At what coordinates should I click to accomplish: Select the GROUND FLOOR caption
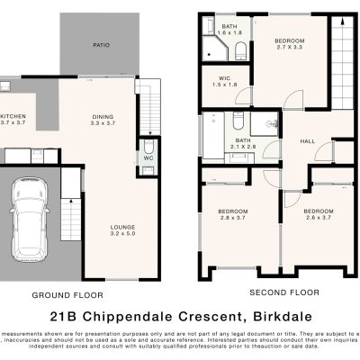pos(67,294)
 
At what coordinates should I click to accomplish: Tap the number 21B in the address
pos(66,317)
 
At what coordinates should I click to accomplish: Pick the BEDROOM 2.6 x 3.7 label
pos(321,214)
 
